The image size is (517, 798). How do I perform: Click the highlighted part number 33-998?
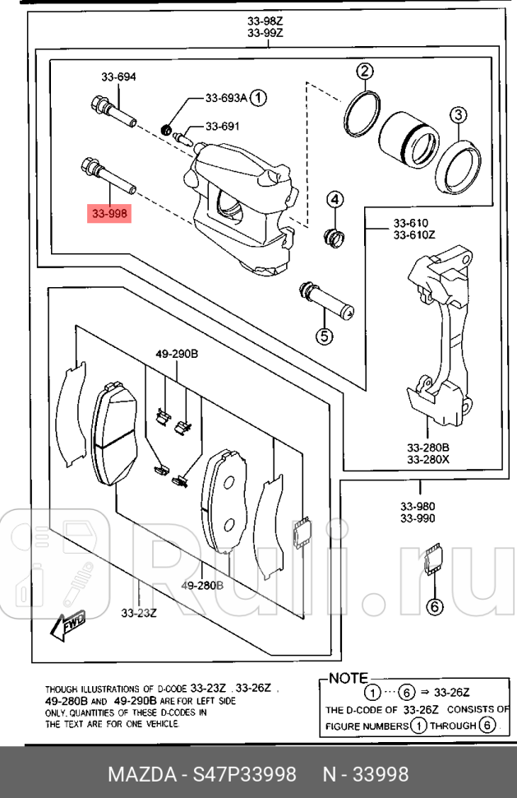coord(108,214)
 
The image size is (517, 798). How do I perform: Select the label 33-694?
coord(118,77)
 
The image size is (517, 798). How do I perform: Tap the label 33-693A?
coord(226,99)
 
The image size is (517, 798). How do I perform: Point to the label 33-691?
coord(222,127)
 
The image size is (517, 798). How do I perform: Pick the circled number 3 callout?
coord(458,114)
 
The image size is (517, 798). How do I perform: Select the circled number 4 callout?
coord(336,199)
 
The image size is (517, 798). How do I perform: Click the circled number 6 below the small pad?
coord(434,607)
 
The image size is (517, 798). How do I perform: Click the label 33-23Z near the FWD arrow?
coord(139,612)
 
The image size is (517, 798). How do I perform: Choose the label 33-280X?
coord(426,460)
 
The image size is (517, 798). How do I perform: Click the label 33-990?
coord(418,518)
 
